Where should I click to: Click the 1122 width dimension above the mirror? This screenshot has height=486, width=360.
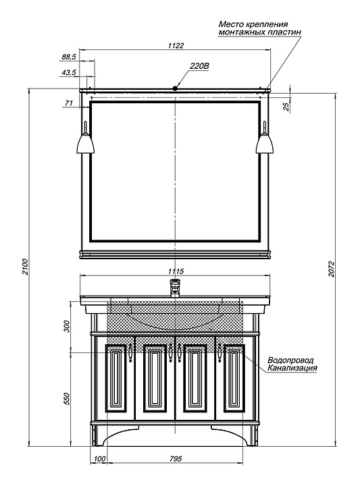click(x=176, y=46)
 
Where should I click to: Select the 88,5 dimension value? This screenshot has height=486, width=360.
click(x=69, y=57)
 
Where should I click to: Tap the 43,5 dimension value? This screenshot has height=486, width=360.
click(x=69, y=72)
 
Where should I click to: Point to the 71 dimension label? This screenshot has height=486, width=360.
click(x=69, y=103)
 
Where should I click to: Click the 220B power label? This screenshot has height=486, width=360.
click(x=199, y=66)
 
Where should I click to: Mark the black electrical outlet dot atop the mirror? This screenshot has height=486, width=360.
click(x=175, y=88)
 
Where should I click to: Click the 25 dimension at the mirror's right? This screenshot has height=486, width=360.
click(x=286, y=107)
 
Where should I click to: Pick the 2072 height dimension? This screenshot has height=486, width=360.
click(x=332, y=269)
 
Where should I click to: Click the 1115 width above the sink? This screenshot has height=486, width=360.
click(x=176, y=271)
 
